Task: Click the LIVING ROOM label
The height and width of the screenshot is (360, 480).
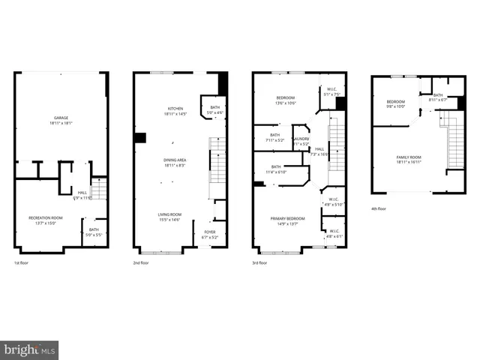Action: pos(169,217)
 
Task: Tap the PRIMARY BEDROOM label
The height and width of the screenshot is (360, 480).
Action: pos(286,220)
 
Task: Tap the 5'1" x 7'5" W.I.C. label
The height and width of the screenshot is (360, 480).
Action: pos(331,92)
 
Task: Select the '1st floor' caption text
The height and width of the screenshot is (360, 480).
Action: pos(22,263)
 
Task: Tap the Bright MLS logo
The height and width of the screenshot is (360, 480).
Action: pos(29,350)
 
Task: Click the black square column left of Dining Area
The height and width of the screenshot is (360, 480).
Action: pos(140,137)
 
